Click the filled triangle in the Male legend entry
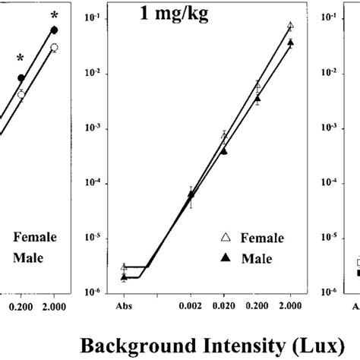(x=225, y=258)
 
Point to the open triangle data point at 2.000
(x=290, y=26)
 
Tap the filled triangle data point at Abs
(x=124, y=277)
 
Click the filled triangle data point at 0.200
(x=257, y=98)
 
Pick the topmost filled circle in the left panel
(x=54, y=30)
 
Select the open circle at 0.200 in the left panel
(x=21, y=94)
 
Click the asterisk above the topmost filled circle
(x=54, y=14)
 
